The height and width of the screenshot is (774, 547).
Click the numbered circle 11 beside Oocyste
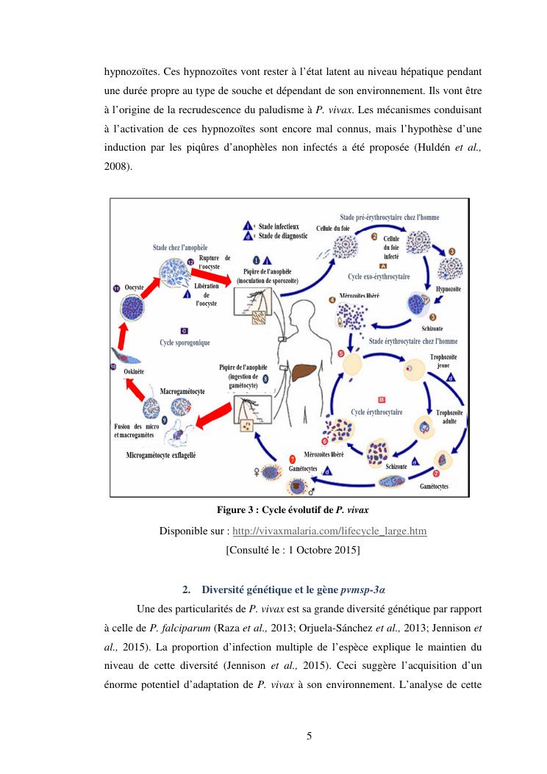coord(117,288)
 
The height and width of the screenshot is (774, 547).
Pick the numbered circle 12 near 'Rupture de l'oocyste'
coord(190,262)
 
